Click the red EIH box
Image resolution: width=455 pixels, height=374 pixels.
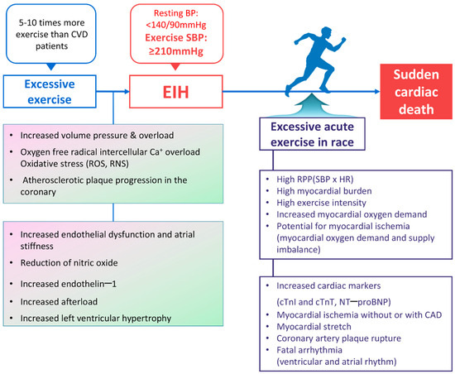176,92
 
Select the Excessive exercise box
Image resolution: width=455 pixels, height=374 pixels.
50,91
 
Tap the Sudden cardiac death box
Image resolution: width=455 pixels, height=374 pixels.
416,92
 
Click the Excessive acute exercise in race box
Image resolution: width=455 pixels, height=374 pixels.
312,134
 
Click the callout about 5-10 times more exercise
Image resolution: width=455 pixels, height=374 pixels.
51,34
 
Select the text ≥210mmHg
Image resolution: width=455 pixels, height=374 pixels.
176,51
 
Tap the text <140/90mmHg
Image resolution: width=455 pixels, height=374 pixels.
176,26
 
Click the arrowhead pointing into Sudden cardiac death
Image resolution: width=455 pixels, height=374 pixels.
377,92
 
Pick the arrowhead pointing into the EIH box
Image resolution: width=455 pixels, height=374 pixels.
127,92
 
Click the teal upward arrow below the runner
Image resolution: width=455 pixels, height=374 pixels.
312,105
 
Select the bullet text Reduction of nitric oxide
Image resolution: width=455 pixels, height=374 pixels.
69,263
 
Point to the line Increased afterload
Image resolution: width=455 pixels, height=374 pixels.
59,302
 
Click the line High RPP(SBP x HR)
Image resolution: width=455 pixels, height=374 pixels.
315,180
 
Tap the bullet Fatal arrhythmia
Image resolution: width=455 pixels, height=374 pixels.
309,350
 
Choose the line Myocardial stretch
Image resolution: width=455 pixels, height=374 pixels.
314,327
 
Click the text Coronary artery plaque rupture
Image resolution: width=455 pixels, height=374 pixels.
338,338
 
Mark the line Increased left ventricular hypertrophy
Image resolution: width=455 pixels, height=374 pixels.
96,319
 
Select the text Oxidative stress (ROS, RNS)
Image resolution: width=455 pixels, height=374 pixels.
74,164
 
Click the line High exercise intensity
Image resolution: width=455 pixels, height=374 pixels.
321,203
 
